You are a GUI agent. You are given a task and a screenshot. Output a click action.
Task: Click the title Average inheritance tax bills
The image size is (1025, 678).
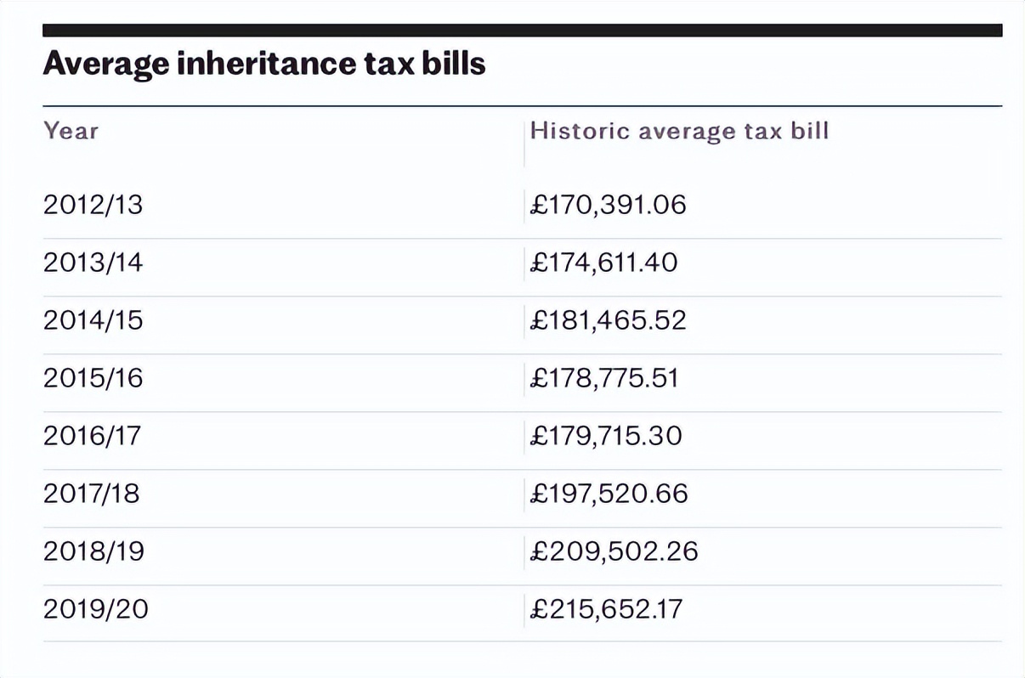click(264, 65)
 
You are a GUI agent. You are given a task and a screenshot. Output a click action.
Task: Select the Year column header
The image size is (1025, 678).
click(71, 131)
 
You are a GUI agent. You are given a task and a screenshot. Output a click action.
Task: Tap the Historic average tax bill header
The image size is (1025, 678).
click(679, 131)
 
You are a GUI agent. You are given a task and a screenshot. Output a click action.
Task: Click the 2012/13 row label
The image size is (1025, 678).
click(93, 206)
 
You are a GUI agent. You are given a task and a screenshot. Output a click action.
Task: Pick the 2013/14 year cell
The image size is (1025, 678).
click(93, 263)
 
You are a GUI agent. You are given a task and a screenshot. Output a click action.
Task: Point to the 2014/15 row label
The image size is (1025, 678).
click(93, 321)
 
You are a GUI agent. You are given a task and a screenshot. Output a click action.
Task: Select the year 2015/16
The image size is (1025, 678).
click(93, 379)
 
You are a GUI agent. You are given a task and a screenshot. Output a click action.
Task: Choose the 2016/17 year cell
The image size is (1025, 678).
click(93, 437)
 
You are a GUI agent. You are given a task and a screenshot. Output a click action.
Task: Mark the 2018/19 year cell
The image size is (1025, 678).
click(93, 552)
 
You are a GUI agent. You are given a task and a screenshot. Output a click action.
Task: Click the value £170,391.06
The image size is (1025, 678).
click(608, 206)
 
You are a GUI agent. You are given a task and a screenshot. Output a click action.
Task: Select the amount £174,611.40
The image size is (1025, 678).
click(603, 263)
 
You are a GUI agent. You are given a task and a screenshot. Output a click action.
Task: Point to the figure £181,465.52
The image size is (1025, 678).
click(608, 321)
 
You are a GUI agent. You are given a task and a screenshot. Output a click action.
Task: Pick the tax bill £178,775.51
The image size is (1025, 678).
click(604, 379)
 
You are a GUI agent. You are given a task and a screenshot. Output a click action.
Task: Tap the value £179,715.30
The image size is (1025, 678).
click(606, 437)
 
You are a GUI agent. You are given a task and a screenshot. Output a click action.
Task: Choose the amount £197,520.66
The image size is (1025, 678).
click(609, 494)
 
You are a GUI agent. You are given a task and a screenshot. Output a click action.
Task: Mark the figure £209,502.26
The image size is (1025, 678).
click(614, 552)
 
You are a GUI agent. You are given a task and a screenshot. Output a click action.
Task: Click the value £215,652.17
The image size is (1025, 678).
click(606, 610)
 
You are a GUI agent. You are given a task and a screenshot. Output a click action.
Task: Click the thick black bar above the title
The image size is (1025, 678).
click(522, 31)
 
